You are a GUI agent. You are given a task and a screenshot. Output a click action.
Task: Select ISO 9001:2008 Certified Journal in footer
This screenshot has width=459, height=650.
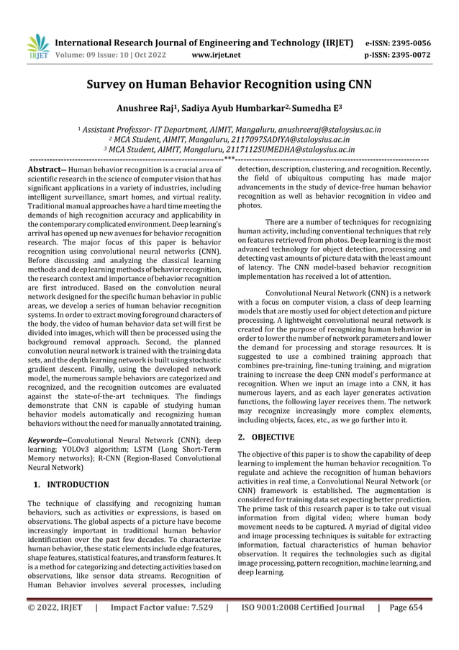[301, 627]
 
